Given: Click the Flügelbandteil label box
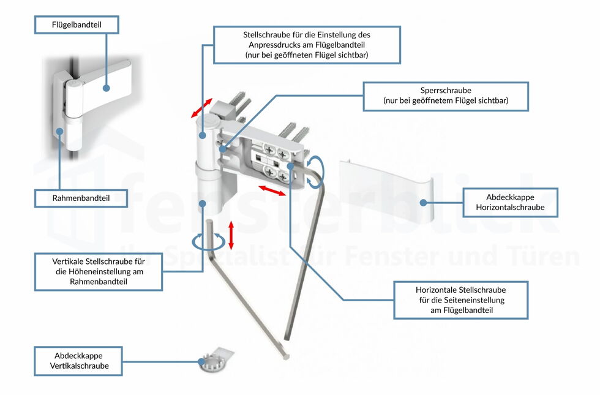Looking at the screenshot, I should click(76, 25).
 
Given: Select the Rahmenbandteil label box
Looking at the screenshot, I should click(81, 198).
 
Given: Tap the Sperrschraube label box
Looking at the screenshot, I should click(445, 96).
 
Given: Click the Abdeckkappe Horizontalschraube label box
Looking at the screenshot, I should click(510, 203).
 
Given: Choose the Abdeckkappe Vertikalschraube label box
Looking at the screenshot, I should click(79, 361).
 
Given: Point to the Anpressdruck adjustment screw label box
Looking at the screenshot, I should click(306, 45).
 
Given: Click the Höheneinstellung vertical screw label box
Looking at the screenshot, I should click(98, 271).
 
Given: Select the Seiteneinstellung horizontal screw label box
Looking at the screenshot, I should click(460, 300).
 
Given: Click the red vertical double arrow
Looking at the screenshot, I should click(231, 235).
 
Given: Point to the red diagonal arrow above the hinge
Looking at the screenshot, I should click(201, 107).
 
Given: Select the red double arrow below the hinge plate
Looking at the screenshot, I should click(271, 190).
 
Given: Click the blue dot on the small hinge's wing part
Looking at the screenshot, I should click(106, 88).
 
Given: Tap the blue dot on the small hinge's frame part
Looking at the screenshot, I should click(60, 130).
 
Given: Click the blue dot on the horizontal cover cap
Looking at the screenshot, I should click(422, 202).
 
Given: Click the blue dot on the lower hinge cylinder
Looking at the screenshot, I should click(201, 201).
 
